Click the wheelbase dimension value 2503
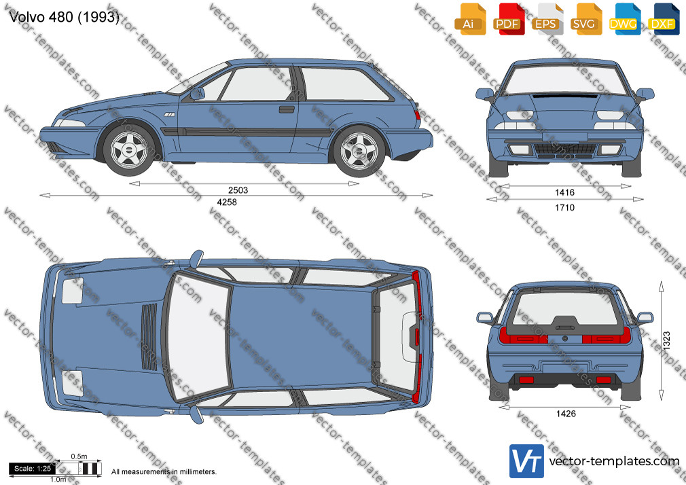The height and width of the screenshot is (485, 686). point(238,190)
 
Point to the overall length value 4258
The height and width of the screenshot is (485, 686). point(227,202)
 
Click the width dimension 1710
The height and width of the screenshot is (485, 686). point(565,207)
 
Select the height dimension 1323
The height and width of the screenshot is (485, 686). point(666,340)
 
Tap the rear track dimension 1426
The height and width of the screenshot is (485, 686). point(566,414)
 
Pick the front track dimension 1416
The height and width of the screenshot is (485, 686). point(565,192)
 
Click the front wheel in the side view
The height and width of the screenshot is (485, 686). point(129,150)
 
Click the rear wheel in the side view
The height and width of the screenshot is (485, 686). point(359,151)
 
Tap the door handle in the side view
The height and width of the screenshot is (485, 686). point(287,109)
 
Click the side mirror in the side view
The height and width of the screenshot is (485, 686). point(198,94)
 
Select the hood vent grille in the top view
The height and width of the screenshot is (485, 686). point(149,337)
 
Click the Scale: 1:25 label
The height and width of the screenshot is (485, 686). point(32,469)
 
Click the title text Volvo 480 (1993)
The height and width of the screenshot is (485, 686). point(64,17)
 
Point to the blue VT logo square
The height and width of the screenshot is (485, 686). point(527,461)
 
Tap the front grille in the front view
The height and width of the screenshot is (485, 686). point(565,149)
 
